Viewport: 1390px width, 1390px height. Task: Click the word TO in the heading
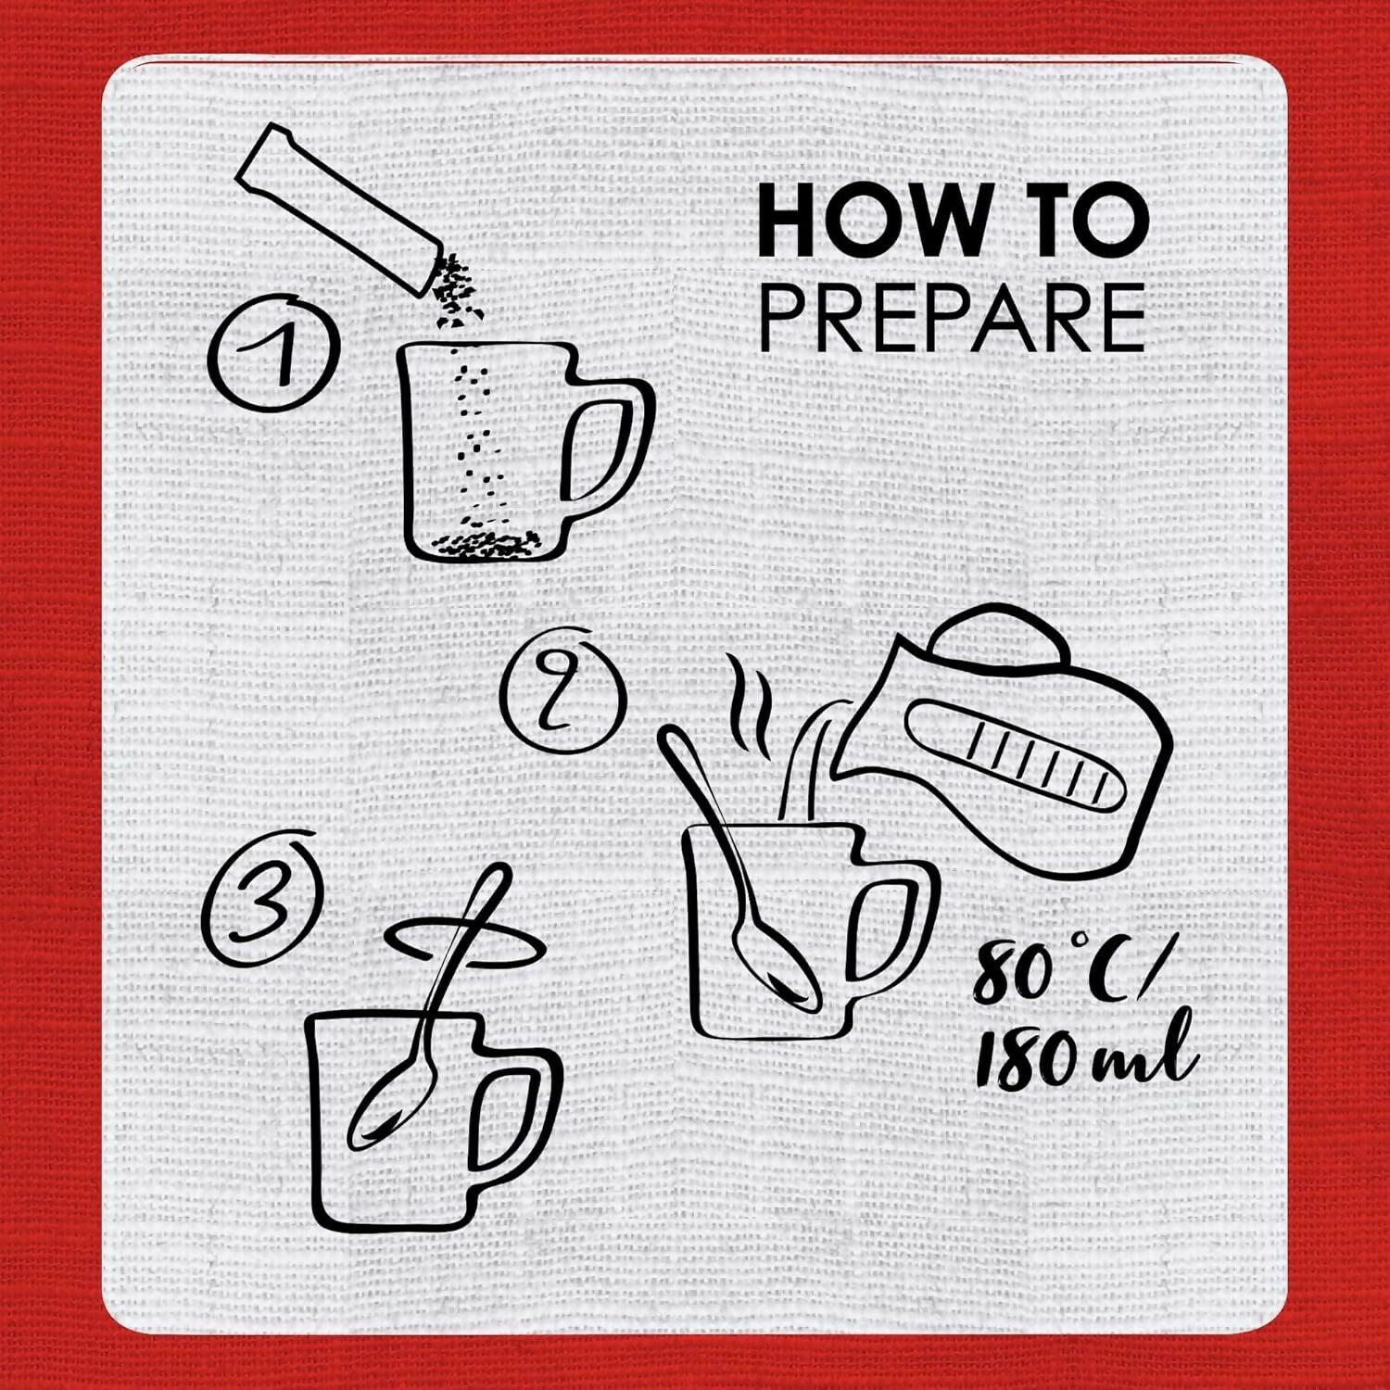click(x=1080, y=222)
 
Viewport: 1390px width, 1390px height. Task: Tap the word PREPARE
click(x=953, y=318)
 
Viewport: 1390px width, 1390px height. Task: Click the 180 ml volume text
click(x=1085, y=1055)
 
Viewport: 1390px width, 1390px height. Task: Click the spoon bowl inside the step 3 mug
click(x=388, y=1102)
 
